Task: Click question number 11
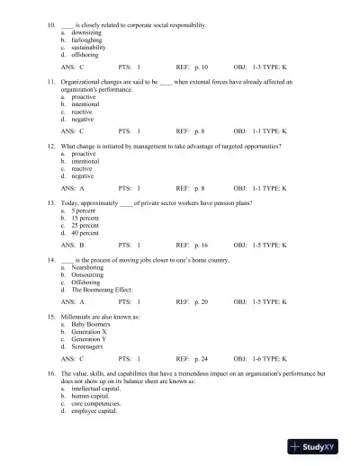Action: (53, 81)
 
